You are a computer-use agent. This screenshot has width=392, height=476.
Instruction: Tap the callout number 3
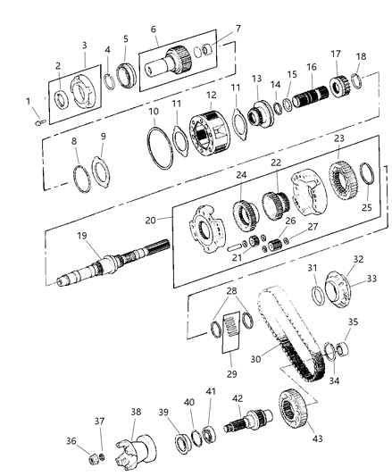[84, 44]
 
